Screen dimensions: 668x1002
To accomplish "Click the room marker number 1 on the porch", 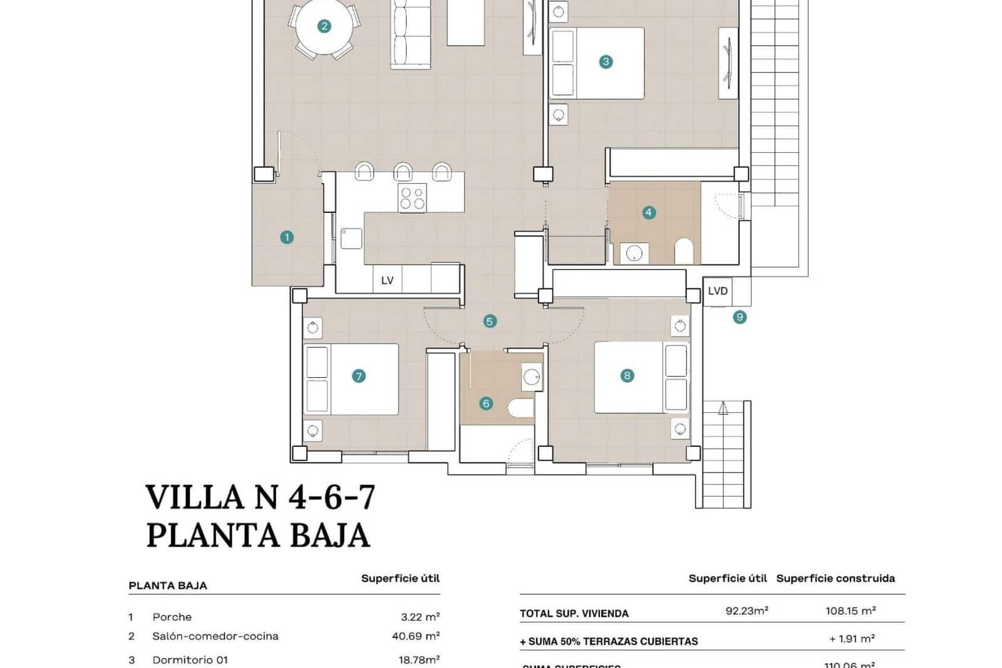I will (x=287, y=237).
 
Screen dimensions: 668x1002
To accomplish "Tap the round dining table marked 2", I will (x=324, y=26).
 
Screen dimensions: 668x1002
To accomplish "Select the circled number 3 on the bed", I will (x=606, y=62).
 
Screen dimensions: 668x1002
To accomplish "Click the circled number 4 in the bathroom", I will (x=649, y=212).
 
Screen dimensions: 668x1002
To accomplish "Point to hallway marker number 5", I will (x=490, y=321).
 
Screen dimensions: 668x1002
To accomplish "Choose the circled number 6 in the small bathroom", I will (x=486, y=404).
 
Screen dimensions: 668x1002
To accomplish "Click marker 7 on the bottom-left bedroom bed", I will (x=358, y=376).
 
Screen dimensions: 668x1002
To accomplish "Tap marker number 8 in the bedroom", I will (x=627, y=375).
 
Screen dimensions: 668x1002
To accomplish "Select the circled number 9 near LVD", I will (x=740, y=317).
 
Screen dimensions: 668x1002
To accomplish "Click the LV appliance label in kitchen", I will (x=387, y=280).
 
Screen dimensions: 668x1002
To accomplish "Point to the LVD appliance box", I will (x=718, y=291).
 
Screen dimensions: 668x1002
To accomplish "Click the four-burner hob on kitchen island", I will (x=413, y=198).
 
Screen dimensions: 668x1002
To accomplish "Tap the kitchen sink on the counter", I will (x=352, y=239).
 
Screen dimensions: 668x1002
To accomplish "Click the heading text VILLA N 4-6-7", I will (x=261, y=497).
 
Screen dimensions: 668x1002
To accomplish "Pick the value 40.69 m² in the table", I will (x=416, y=636).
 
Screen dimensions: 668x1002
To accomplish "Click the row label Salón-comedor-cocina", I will (x=215, y=636).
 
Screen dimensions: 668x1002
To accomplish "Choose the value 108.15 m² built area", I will (x=850, y=611).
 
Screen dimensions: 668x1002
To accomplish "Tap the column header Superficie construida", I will (x=835, y=578).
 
